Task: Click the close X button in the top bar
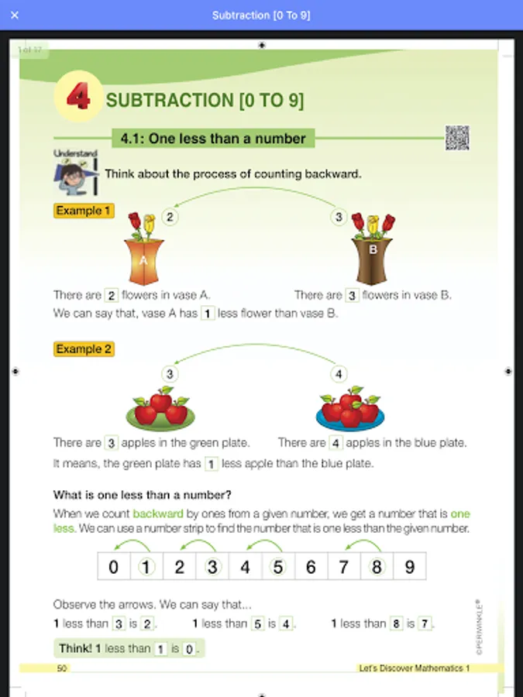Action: coord(15,15)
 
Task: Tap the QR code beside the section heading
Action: coord(457,138)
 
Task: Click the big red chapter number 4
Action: coord(78,97)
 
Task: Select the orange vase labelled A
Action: coord(143,262)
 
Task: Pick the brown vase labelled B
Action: coord(372,261)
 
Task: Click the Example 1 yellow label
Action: coord(84,211)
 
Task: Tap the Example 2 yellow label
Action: coord(84,349)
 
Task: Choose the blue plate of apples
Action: coord(350,419)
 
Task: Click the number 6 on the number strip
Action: coord(311,567)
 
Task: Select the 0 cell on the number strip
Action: coord(114,566)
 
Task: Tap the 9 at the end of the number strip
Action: coord(410,567)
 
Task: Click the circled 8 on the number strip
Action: coord(377,567)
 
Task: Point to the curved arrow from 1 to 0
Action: coord(132,541)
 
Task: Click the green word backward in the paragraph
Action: coord(158,514)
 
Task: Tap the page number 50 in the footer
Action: coord(62,668)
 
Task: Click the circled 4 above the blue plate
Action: coord(339,374)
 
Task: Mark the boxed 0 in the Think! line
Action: coord(189,650)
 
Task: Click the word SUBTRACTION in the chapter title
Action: coord(170,100)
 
